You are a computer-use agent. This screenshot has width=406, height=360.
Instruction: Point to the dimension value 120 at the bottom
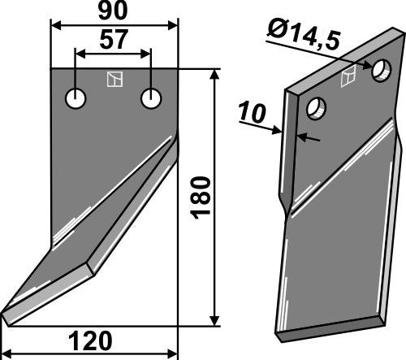click(89, 340)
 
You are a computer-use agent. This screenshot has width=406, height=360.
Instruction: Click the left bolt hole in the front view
click(76, 98)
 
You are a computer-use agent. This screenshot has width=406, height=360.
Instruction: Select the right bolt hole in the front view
click(151, 98)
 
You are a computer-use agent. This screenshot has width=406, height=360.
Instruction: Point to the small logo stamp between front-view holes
click(114, 80)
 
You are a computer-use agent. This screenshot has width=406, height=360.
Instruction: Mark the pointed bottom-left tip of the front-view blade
click(4, 313)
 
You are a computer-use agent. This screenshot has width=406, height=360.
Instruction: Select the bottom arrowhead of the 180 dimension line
click(214, 320)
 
